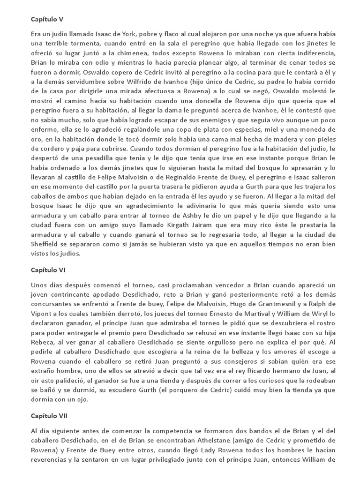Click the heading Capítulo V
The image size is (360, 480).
point(47,19)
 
